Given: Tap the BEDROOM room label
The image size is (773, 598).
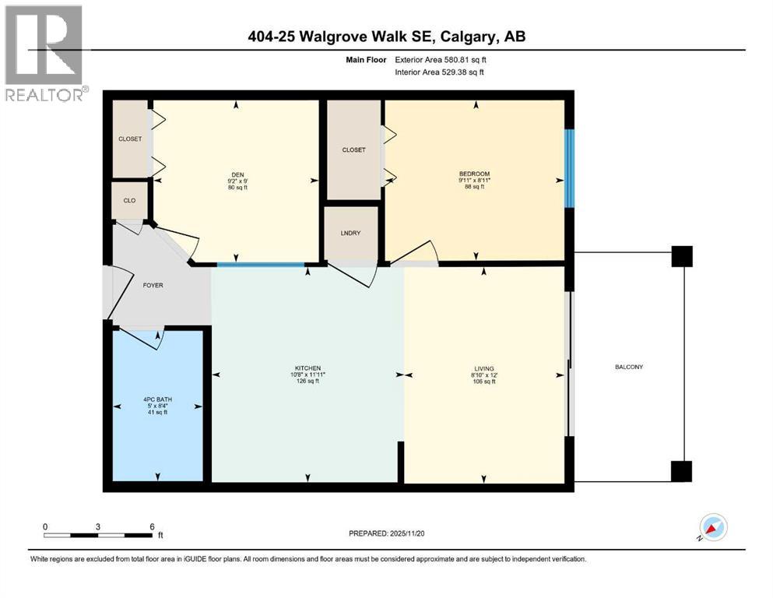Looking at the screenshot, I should pos(474,173).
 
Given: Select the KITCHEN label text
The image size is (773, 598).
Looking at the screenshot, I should pos(308,368).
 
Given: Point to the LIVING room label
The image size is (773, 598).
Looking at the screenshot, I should pos(483,368).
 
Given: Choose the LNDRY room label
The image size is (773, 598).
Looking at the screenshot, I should pos(351,233).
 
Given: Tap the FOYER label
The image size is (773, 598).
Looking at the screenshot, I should pos(153,286).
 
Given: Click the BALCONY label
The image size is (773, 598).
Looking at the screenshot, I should pos(628,367).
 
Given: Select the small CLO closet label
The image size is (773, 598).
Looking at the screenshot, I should pos(129,201).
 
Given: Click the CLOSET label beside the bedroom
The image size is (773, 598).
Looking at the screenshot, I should pos(353,149).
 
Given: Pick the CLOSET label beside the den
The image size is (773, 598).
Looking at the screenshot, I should pos(130,139).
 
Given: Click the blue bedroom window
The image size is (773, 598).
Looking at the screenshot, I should pos(569,167).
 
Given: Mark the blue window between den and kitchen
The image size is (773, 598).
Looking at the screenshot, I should pos(260,266).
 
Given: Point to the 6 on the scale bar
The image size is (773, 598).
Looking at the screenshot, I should pos(152,526).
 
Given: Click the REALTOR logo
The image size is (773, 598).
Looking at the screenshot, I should pos(44,53).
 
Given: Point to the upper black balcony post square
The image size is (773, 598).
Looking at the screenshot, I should pos(681,256).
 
